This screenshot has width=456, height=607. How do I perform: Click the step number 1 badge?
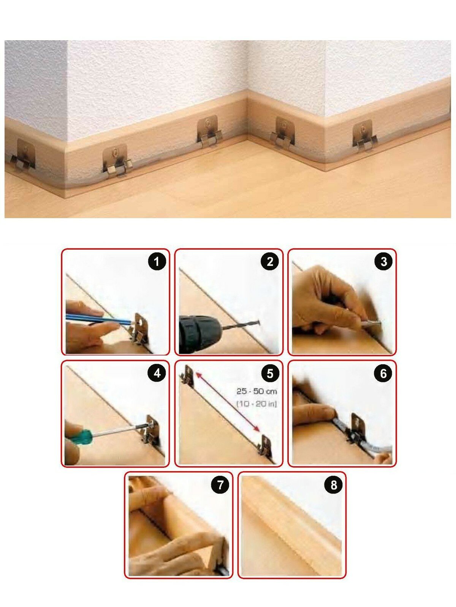(x=157, y=261)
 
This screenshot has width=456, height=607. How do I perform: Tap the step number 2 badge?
(x=270, y=261)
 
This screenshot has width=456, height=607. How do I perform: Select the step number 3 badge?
(x=383, y=261)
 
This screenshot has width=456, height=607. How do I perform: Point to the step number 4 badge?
(x=157, y=373)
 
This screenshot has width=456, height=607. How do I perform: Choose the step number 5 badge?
(x=270, y=373)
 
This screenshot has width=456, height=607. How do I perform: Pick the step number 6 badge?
(x=383, y=373)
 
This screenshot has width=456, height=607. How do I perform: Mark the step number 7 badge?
(x=220, y=485)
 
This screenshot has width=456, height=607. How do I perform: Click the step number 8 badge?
(x=334, y=485)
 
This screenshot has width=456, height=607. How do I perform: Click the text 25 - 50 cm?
(x=256, y=392)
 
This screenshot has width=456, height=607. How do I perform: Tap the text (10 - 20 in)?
(x=256, y=404)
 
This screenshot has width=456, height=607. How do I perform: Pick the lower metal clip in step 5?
(x=265, y=446)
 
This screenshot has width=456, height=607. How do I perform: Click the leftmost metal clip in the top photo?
(x=23, y=155)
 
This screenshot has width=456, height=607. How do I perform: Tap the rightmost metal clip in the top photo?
(x=364, y=135)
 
